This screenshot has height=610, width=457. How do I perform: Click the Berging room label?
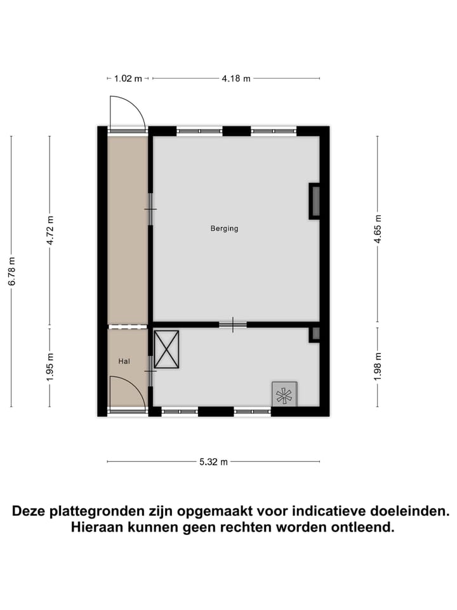tap(224, 229)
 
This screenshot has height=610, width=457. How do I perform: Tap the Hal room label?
tap(124, 361)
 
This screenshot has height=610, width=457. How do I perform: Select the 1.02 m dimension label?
tap(128, 78)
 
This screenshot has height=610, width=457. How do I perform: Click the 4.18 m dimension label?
tap(235, 78)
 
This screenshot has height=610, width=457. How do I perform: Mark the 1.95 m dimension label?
tap(51, 367)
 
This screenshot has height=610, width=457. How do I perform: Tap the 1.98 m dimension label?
tap(378, 367)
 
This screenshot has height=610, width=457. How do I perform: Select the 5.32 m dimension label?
tap(213, 462)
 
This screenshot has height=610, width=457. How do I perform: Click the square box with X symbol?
tap(166, 349)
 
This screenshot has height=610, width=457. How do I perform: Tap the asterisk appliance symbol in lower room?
tap(284, 395)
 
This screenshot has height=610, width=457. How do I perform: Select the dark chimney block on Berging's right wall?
tap(315, 201)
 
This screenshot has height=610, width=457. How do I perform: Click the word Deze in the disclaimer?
tap(31, 510)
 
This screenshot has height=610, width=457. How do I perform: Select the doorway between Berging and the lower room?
tap(233, 325)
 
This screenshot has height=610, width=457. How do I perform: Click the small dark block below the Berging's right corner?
tap(315, 334)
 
